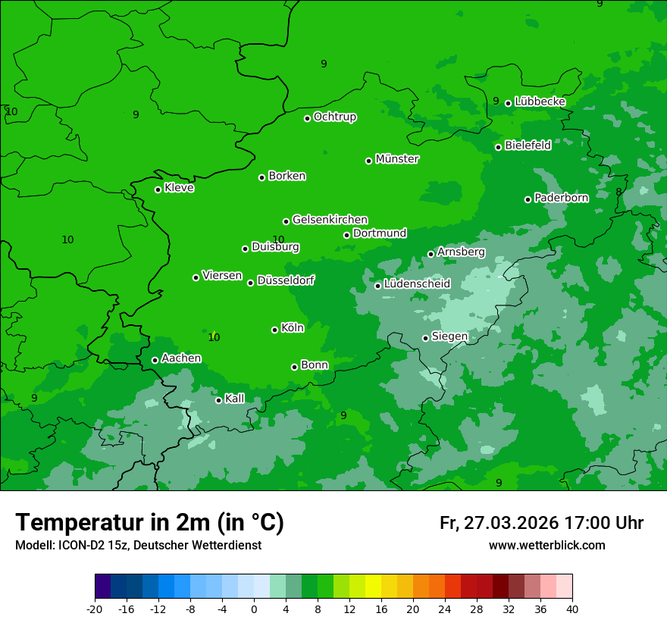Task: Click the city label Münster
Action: click(x=397, y=159)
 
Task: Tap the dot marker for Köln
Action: click(x=274, y=330)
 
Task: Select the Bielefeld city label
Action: click(x=528, y=146)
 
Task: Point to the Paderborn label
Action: click(x=561, y=198)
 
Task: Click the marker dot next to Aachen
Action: click(x=155, y=360)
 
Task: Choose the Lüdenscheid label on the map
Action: click(x=417, y=284)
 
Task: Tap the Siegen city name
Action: click(x=449, y=336)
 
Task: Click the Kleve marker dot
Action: click(x=158, y=189)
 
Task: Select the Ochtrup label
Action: click(x=334, y=117)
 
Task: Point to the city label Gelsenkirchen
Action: click(x=330, y=220)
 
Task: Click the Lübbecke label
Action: click(x=540, y=102)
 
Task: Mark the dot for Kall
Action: click(x=218, y=400)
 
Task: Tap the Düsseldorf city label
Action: click(x=286, y=280)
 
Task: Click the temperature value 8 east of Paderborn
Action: click(x=618, y=192)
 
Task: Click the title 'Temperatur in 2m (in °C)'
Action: click(x=149, y=523)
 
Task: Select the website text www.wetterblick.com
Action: click(x=546, y=545)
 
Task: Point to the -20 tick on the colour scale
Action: click(x=95, y=609)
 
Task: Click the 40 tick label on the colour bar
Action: click(x=572, y=609)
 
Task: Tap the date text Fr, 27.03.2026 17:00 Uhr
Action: click(x=541, y=523)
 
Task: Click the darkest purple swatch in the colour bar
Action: click(x=102, y=587)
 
